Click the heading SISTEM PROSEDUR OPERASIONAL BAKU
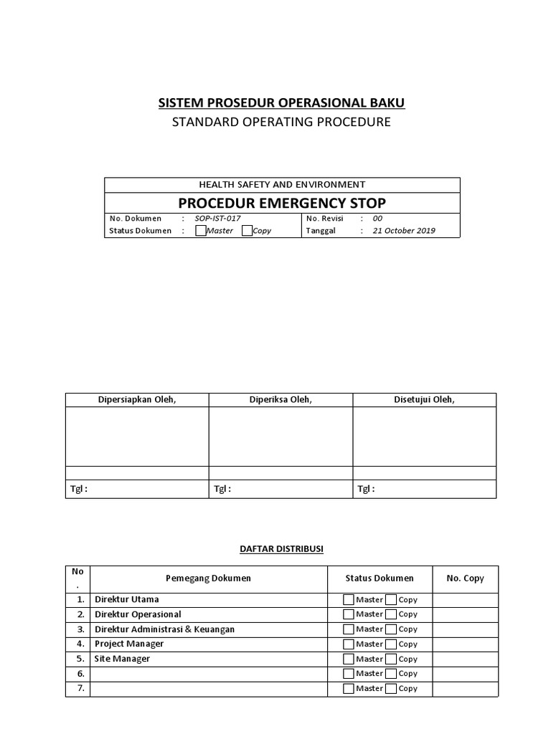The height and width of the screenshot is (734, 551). [x=281, y=103]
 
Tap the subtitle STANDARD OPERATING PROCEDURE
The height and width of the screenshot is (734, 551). [x=281, y=122]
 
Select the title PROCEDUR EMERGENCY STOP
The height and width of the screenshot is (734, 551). [x=282, y=202]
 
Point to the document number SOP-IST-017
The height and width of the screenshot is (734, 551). [x=213, y=219]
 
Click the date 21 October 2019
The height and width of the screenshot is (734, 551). [x=404, y=231]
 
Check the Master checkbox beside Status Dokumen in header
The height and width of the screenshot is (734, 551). [x=201, y=231]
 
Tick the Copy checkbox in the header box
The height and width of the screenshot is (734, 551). [x=248, y=231]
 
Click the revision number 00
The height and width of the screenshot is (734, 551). [x=377, y=219]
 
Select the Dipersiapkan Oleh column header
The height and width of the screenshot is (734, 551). [x=137, y=400]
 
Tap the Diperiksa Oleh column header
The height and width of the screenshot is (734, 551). [x=281, y=400]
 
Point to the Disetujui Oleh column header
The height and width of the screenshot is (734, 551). [x=424, y=400]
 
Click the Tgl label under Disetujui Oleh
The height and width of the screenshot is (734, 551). [x=366, y=490]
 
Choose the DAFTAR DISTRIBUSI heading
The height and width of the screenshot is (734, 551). [x=281, y=549]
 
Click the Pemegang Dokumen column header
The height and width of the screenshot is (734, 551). [x=208, y=578]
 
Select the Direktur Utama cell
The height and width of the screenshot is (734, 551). [x=127, y=599]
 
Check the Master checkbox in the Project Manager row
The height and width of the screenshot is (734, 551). [x=349, y=644]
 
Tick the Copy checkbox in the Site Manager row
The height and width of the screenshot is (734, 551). [x=391, y=659]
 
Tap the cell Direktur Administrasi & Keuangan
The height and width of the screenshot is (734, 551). [x=164, y=629]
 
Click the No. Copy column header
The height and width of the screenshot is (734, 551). [x=465, y=578]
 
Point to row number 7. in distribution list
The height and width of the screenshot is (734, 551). [x=80, y=688]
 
